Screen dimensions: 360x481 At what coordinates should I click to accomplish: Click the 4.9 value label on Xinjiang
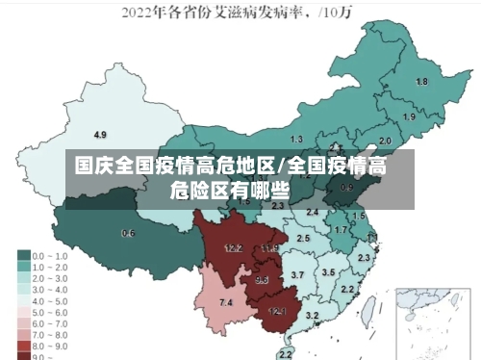tap(100, 134)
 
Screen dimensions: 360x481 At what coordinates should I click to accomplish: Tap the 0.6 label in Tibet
tap(128, 233)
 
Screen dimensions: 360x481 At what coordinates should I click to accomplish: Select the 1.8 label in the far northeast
tap(421, 82)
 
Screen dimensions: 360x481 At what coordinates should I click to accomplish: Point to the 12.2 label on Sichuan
tap(233, 248)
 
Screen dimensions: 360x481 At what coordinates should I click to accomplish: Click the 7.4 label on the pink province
tap(226, 303)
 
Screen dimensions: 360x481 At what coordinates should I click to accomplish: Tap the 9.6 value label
tap(262, 280)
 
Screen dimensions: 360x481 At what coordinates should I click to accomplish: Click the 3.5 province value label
tap(328, 272)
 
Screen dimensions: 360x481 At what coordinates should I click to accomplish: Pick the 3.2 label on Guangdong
tap(312, 316)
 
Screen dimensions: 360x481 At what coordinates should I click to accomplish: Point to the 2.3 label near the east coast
tap(364, 258)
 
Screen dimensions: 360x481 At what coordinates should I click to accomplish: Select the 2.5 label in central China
tap(303, 238)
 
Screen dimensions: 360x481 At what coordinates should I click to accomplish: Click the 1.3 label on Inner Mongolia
tap(296, 140)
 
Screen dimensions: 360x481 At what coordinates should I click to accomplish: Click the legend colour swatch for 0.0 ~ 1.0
tap(23, 256)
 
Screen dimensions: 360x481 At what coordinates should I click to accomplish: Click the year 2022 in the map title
tap(139, 14)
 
